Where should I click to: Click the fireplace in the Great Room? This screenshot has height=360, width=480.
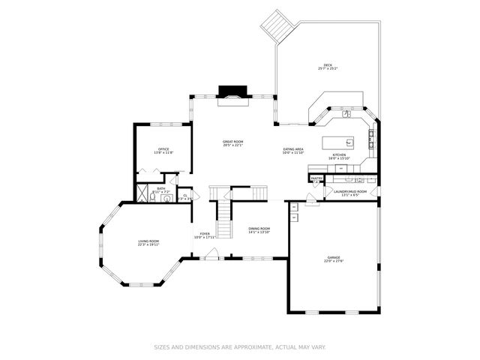point(230,93)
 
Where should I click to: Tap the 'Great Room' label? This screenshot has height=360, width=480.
point(232,142)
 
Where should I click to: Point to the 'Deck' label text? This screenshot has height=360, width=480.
point(328,66)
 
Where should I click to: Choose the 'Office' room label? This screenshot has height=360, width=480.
point(163,149)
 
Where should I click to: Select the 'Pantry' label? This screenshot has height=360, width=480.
point(316,178)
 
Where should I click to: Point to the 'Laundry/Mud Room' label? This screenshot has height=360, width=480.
point(350,191)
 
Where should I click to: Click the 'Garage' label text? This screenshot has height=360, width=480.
point(333,257)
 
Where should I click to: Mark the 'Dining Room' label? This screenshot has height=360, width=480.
point(259,229)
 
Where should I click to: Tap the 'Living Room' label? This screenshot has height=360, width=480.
point(148,241)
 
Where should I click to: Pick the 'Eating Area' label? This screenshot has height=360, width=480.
point(293,149)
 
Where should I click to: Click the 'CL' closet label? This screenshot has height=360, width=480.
point(185,195)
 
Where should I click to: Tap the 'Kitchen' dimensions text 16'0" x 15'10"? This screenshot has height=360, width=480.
point(340,158)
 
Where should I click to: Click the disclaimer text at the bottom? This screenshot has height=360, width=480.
point(239,347)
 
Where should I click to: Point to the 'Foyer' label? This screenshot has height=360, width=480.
point(205,234)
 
